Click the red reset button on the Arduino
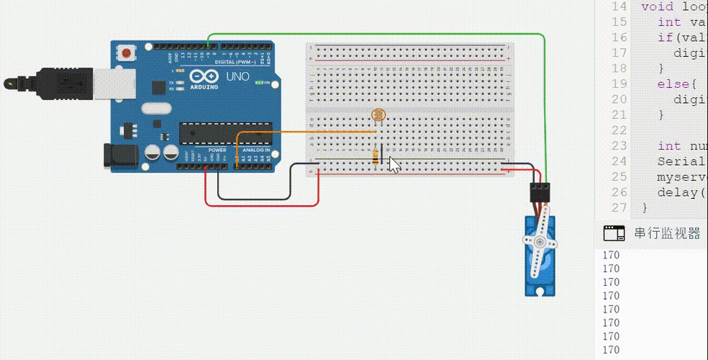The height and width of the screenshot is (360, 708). point(127,53)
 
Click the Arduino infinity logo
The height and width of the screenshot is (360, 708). point(200,77)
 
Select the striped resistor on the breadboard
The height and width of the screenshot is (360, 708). point(375,156)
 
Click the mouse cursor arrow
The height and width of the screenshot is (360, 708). point(394,164)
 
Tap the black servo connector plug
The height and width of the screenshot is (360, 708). point(540,192)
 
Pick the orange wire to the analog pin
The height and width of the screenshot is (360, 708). point(302,132)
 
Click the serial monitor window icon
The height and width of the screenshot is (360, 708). point(614,233)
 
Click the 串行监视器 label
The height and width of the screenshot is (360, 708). point(667,233)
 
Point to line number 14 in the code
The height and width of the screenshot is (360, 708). point(618,6)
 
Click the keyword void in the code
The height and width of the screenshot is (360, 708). point(657,6)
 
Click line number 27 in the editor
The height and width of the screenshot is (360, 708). point(618,207)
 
